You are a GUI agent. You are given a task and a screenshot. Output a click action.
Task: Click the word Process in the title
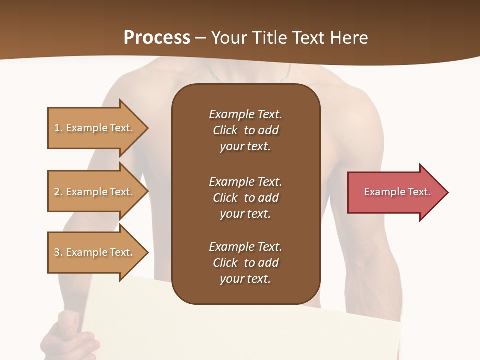click(157, 38)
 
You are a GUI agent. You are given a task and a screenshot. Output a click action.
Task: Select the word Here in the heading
click(349, 38)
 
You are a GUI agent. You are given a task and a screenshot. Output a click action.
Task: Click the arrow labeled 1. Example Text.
click(95, 128)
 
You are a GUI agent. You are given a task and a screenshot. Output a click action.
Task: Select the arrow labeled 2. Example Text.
click(95, 192)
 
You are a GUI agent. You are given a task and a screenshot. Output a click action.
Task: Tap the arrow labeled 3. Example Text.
click(95, 252)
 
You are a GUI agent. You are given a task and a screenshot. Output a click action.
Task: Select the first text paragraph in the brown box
click(245, 130)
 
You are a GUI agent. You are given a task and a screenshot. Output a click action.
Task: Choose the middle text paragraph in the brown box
click(245, 197)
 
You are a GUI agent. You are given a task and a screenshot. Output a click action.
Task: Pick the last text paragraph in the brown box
click(245, 263)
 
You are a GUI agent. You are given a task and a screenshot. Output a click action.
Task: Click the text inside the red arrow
click(397, 192)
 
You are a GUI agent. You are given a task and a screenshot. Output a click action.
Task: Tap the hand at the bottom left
click(72, 335)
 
